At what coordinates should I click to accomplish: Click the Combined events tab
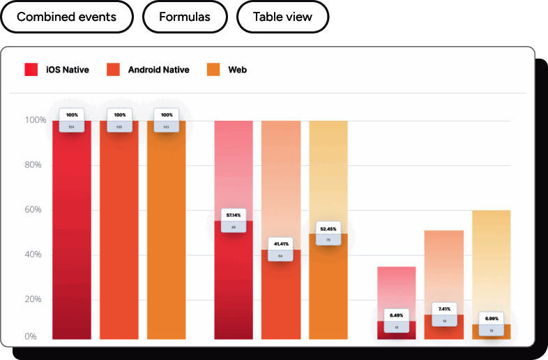(66, 17)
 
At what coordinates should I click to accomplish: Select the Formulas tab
(185, 17)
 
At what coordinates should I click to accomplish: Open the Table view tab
(282, 17)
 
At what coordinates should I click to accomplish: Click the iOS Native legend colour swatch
(31, 70)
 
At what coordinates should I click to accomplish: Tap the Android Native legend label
(158, 70)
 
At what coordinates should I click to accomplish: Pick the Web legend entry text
(237, 70)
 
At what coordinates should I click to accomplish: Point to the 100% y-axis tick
(34, 120)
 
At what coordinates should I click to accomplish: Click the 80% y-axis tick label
(36, 165)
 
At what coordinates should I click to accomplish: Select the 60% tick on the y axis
(36, 210)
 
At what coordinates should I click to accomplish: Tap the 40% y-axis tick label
(36, 255)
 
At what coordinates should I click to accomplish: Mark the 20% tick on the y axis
(36, 299)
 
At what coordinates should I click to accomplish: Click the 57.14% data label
(234, 215)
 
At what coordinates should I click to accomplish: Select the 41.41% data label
(280, 243)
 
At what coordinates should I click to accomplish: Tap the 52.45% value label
(328, 228)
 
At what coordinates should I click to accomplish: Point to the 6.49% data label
(396, 315)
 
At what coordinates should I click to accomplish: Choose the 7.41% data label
(444, 309)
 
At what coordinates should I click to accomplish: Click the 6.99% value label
(491, 318)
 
